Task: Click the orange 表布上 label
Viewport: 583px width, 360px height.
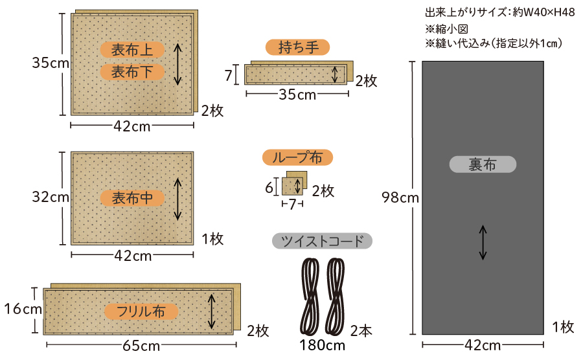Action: pyautogui.click(x=132, y=50)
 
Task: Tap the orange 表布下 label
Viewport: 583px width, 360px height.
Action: pyautogui.click(x=132, y=72)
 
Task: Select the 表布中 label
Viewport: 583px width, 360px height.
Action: pyautogui.click(x=132, y=198)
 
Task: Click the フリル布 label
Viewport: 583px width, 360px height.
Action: pyautogui.click(x=141, y=311)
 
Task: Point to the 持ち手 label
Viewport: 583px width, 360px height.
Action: pyautogui.click(x=297, y=47)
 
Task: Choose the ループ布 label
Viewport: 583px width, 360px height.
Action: pyautogui.click(x=297, y=157)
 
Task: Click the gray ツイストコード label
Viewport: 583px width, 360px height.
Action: pyautogui.click(x=322, y=241)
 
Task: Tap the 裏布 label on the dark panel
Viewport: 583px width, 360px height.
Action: pyautogui.click(x=483, y=164)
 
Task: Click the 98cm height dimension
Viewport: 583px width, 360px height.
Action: pyautogui.click(x=400, y=197)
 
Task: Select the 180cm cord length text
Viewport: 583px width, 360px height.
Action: pyautogui.click(x=323, y=346)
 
